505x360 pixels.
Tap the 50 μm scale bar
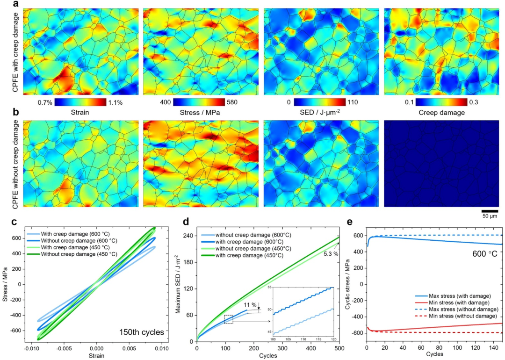[489, 211]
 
